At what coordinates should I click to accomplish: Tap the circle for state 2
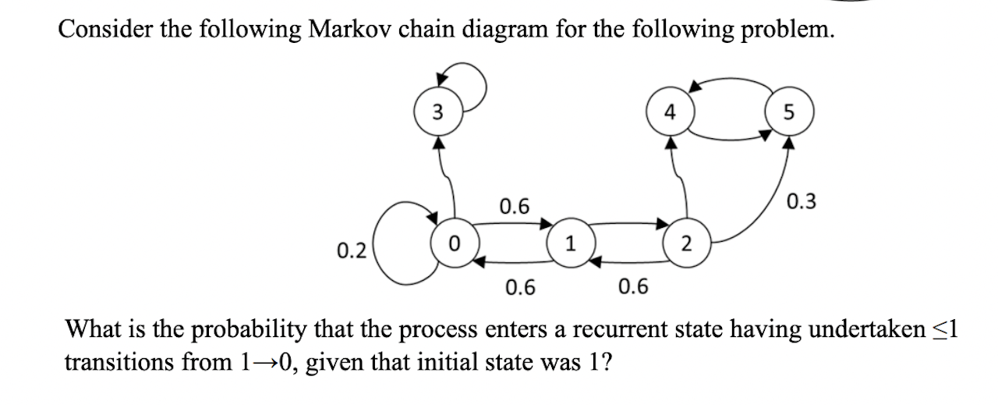pyautogui.click(x=685, y=243)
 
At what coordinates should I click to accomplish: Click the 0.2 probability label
pyautogui.click(x=352, y=250)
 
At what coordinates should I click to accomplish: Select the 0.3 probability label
pyautogui.click(x=802, y=202)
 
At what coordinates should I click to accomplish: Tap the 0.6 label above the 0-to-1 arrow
pyautogui.click(x=515, y=207)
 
